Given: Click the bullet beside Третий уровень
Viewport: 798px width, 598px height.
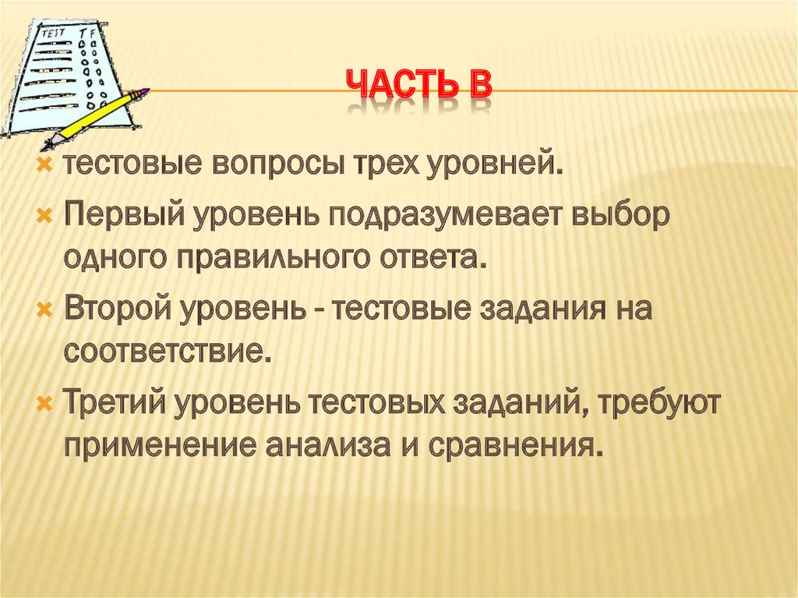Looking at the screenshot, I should point(45,404).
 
